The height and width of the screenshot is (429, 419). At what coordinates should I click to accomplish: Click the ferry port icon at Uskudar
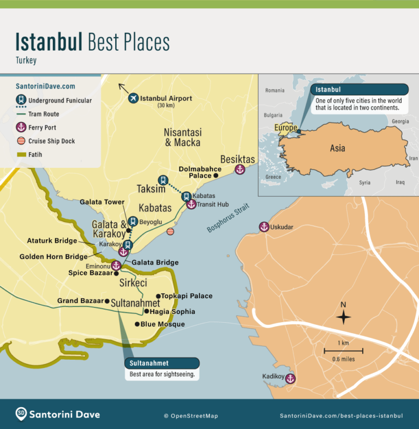coord(264,227)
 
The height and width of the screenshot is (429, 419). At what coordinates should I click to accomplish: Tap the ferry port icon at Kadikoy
coord(290,378)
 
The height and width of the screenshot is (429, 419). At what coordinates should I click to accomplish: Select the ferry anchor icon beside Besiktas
coord(239,170)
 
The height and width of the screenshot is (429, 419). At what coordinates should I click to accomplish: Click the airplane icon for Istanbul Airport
coord(133,98)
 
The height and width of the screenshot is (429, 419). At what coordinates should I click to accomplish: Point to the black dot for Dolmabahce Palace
coord(216,176)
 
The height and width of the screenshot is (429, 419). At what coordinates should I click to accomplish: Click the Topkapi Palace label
coord(187,296)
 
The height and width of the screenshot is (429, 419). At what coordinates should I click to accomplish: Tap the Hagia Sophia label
coord(173,312)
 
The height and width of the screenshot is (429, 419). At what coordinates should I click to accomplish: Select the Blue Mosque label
coord(163,324)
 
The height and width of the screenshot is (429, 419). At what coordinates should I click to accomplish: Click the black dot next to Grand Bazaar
coord(107,301)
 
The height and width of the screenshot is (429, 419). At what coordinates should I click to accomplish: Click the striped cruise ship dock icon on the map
coord(170,232)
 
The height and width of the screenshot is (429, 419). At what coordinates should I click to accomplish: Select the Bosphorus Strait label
coord(228,218)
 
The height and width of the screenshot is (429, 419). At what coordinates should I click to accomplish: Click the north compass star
coord(343,317)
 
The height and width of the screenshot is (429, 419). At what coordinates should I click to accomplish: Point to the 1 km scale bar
coord(343,350)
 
